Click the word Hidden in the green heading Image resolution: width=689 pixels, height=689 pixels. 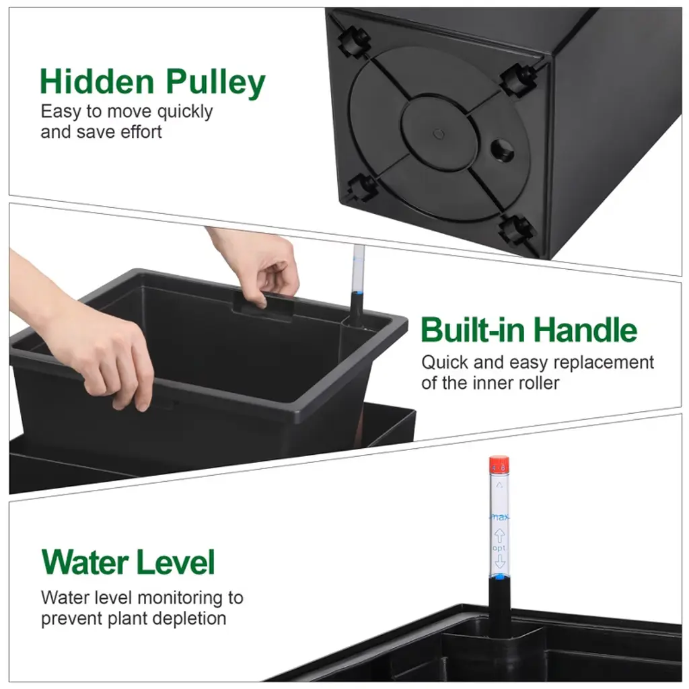[97, 81]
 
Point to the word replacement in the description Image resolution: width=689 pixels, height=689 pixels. [604, 363]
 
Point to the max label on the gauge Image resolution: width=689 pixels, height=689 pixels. [500, 517]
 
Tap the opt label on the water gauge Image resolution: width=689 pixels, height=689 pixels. [499, 549]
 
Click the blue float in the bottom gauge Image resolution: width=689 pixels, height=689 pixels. [500, 577]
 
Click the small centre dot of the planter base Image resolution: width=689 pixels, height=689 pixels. [439, 134]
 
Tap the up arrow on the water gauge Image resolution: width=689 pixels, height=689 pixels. [500, 536]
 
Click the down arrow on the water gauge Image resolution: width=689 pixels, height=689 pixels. [500, 562]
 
